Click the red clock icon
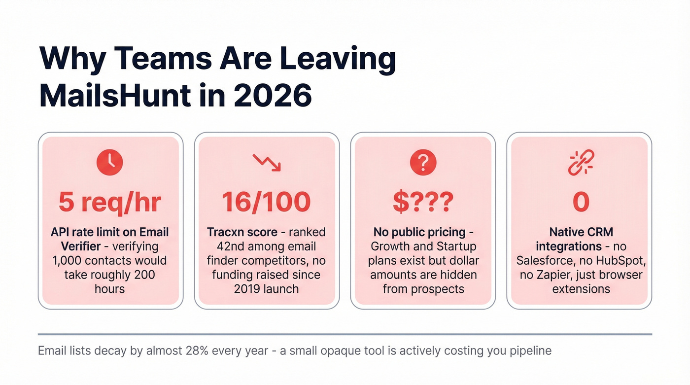(x=110, y=162)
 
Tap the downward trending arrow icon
(x=266, y=162)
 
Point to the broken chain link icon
(x=581, y=163)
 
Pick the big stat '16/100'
(x=266, y=202)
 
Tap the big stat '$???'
(x=422, y=202)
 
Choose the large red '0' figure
(x=581, y=202)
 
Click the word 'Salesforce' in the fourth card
(x=543, y=260)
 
